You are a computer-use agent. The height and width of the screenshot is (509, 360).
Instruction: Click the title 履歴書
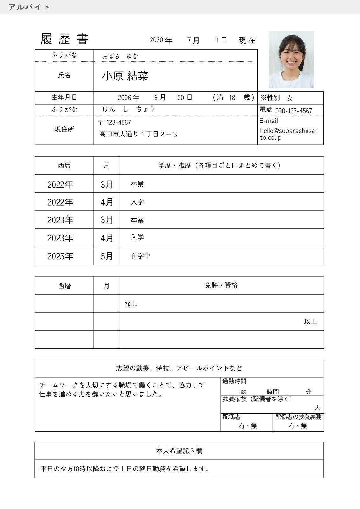click(x=64, y=39)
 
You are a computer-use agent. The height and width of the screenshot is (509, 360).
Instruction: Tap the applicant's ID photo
click(x=291, y=59)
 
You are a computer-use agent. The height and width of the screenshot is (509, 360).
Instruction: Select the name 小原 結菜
click(x=125, y=76)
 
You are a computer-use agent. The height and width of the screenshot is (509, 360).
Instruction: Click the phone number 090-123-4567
click(x=293, y=111)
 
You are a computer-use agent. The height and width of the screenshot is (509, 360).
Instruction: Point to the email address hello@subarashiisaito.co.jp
click(x=288, y=134)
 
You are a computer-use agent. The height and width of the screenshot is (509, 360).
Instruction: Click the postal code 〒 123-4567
click(x=114, y=122)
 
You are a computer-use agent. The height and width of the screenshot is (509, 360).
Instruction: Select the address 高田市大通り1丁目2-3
click(x=138, y=134)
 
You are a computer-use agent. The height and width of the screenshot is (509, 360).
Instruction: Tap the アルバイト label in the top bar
click(x=29, y=7)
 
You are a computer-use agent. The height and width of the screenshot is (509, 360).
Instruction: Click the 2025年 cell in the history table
click(x=60, y=256)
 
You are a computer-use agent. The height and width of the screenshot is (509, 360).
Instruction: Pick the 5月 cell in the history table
click(x=107, y=256)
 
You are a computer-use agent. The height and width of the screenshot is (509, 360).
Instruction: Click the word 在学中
click(x=140, y=256)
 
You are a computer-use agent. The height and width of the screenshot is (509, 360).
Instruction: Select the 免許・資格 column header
click(x=221, y=285)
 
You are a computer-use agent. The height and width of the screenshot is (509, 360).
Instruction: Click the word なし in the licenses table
click(x=131, y=303)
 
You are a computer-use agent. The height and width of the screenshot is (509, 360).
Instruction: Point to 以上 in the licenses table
click(x=310, y=322)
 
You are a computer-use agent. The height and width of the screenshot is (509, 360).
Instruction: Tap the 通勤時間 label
click(x=234, y=381)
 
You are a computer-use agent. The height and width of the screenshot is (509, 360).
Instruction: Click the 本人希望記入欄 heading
click(x=179, y=451)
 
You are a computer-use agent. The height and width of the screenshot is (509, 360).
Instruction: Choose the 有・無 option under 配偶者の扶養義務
click(x=298, y=426)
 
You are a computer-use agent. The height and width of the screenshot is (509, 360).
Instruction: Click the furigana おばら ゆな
click(x=120, y=56)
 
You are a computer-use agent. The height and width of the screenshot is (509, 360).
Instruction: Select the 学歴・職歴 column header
click(x=220, y=165)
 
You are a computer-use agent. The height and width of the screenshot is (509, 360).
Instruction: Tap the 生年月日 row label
click(x=64, y=97)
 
